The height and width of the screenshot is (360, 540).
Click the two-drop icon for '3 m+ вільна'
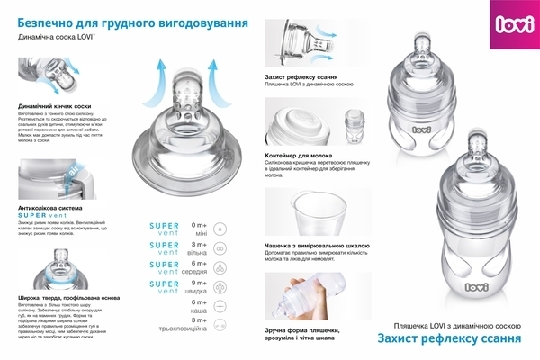coord(221,247)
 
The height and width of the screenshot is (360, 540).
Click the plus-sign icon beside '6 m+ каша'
coord(221,307)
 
